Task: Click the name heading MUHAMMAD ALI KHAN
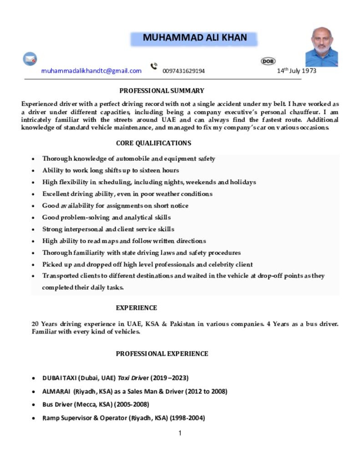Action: pyautogui.click(x=194, y=38)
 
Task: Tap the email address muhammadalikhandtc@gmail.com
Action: pyautogui.click(x=91, y=71)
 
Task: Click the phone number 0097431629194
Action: pyautogui.click(x=183, y=71)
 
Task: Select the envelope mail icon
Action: pyautogui.click(x=30, y=59)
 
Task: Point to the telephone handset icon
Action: pyautogui.click(x=154, y=66)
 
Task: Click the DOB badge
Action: pyautogui.click(x=268, y=61)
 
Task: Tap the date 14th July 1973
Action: pyautogui.click(x=296, y=71)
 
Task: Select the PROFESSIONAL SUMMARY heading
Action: pyautogui.click(x=162, y=91)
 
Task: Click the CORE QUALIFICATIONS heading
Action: pyautogui.click(x=153, y=143)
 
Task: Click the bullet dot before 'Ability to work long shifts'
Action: pyautogui.click(x=33, y=171)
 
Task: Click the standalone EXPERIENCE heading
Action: pyautogui.click(x=136, y=308)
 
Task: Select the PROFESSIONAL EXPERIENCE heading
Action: pyautogui.click(x=162, y=354)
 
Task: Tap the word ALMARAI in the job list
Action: pyautogui.click(x=56, y=391)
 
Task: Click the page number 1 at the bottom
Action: pyautogui.click(x=180, y=433)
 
